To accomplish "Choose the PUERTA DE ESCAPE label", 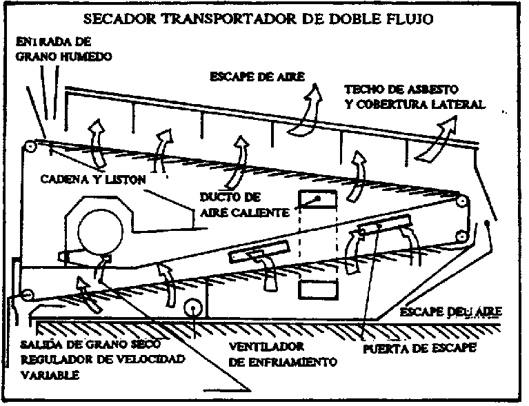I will [419, 349].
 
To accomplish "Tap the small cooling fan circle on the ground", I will [191, 307].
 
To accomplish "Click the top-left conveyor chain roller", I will [30, 147].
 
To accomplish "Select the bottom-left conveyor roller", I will [27, 295].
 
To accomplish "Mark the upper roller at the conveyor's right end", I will [461, 202].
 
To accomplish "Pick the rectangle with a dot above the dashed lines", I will [315, 199].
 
